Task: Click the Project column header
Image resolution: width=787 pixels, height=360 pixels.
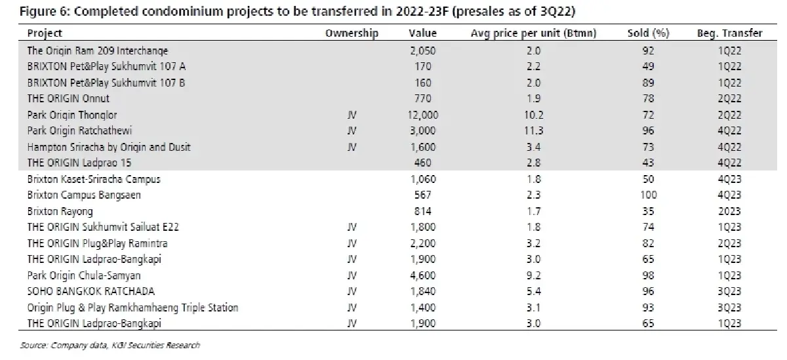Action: click(45, 33)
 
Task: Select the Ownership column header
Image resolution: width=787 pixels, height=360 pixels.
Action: click(352, 33)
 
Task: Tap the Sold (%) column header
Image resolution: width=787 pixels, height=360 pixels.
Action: click(648, 33)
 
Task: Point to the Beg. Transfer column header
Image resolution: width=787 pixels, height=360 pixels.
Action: click(729, 33)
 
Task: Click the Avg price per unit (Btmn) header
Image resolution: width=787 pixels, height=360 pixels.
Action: click(533, 33)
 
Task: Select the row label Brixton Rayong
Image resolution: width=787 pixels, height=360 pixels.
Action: click(60, 211)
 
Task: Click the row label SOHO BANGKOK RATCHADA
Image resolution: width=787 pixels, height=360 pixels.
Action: click(91, 291)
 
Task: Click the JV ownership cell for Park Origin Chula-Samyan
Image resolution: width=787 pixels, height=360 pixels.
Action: click(352, 275)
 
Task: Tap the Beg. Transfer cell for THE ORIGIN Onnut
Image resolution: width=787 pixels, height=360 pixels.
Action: click(729, 98)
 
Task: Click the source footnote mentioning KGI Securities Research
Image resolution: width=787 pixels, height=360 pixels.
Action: click(110, 345)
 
